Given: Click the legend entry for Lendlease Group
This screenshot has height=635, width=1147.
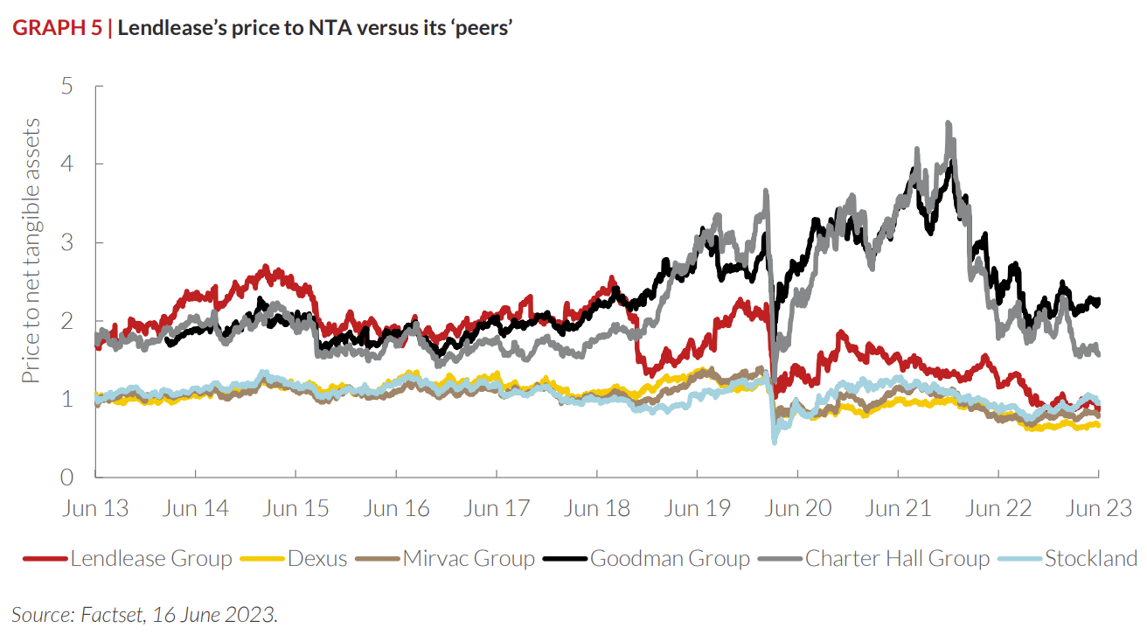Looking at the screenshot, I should coord(151,558).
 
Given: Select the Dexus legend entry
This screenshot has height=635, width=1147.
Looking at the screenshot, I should coord(317,558).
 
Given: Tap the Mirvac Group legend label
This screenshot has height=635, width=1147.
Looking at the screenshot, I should coord(469,558).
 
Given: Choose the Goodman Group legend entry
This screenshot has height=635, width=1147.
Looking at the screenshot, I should coord(670,558).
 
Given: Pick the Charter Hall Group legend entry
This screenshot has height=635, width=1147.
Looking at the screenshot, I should coord(897,558).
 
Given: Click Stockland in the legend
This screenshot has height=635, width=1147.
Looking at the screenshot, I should coord(1091,558).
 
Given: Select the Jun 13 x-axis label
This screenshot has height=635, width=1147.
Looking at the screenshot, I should coord(96,508).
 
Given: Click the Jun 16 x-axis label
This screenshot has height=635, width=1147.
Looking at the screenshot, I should coord(397,508).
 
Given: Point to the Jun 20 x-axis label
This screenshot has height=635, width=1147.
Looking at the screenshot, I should coord(797,508).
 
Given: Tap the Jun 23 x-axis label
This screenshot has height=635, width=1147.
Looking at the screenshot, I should coord(1099,508).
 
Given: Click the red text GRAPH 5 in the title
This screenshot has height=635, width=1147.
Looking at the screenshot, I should coord(56,28).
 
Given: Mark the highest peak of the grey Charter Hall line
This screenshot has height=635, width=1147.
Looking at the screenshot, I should coord(949,124).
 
